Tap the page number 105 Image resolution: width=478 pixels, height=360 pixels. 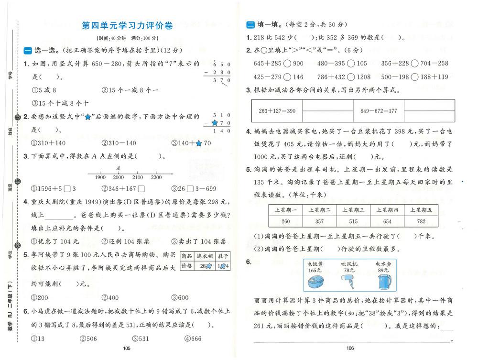[127, 348]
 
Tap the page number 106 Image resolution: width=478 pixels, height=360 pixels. [350, 348]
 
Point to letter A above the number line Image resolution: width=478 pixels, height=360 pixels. [118, 168]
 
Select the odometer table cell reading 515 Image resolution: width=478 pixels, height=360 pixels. [354, 221]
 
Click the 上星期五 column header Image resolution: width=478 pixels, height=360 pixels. [421, 210]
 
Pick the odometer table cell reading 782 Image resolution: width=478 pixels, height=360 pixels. [421, 221]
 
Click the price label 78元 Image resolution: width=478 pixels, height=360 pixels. [349, 270]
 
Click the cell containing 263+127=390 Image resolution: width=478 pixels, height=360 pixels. [277, 111]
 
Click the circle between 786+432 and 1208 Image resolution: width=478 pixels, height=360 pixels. [350, 76]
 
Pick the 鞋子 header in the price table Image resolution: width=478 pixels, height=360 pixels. [223, 256]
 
